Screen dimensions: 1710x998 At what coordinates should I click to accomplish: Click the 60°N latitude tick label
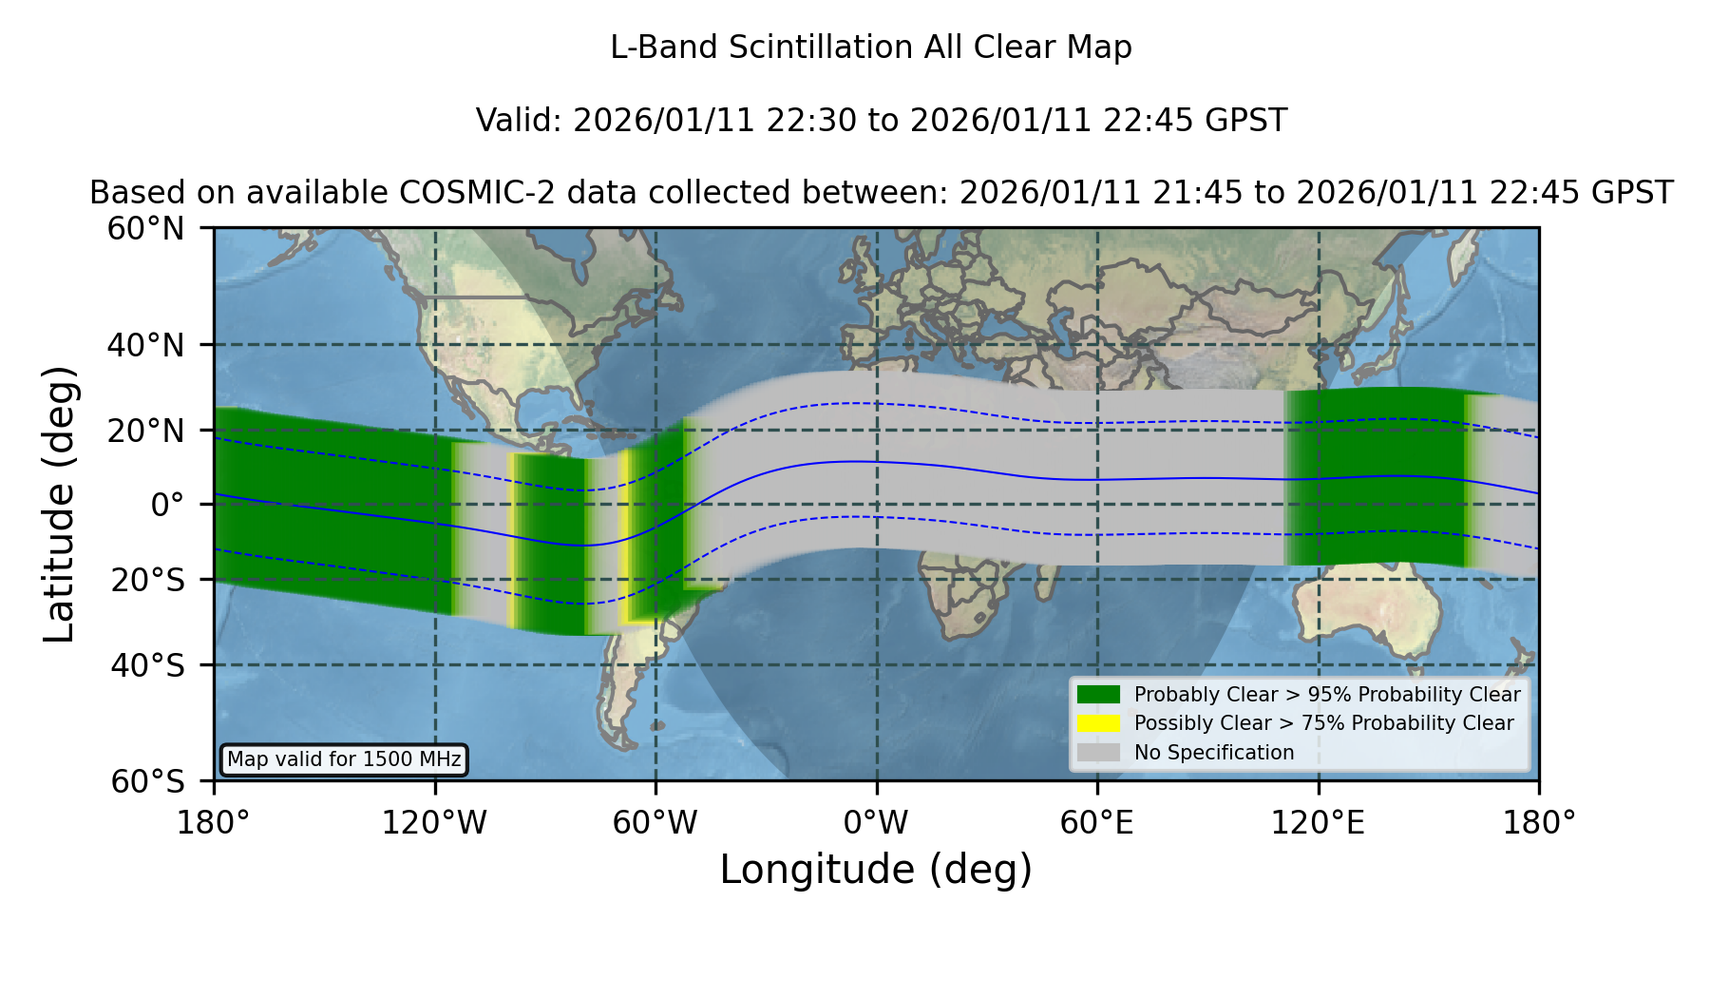click(x=145, y=229)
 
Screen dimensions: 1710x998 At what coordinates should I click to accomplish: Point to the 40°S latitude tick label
click(x=147, y=665)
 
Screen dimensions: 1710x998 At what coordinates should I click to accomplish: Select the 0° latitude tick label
click(x=168, y=505)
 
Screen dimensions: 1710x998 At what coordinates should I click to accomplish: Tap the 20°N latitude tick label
click(x=145, y=431)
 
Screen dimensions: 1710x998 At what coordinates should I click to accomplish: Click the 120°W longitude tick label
click(x=434, y=822)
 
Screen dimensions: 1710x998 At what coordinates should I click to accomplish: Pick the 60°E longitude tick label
click(x=1097, y=822)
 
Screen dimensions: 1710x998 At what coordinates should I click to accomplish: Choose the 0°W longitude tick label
click(x=876, y=822)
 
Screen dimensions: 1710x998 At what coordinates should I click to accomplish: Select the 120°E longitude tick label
click(x=1318, y=822)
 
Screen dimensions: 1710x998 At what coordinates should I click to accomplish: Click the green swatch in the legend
click(x=1098, y=695)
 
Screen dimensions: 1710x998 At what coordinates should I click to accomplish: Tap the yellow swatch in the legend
click(x=1098, y=723)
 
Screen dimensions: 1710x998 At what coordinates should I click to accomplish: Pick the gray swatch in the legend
click(x=1098, y=753)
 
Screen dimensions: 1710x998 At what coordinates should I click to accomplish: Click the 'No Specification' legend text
click(x=1214, y=753)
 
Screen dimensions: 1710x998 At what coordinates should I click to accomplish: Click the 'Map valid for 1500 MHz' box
click(x=344, y=759)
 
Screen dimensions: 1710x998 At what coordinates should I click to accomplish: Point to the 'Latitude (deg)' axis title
click(x=59, y=504)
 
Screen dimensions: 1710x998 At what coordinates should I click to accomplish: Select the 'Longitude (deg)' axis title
click(x=876, y=870)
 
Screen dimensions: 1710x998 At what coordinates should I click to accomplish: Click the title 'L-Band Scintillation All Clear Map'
click(x=871, y=48)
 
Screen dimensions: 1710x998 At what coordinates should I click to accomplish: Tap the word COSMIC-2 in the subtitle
click(x=464, y=193)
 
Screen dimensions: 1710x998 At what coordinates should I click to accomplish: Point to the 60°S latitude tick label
click(x=147, y=781)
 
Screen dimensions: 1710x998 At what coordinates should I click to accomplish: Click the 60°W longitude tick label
click(x=655, y=822)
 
